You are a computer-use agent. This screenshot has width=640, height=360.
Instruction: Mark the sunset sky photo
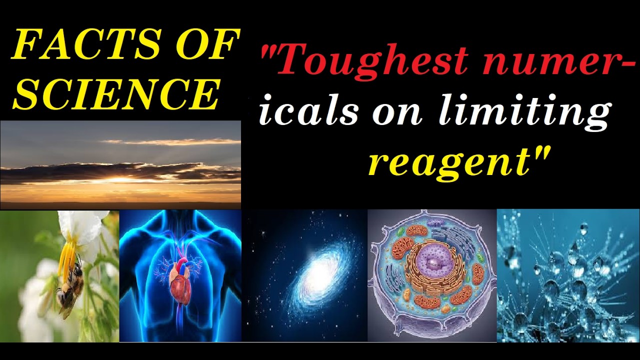pyautogui.click(x=120, y=165)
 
